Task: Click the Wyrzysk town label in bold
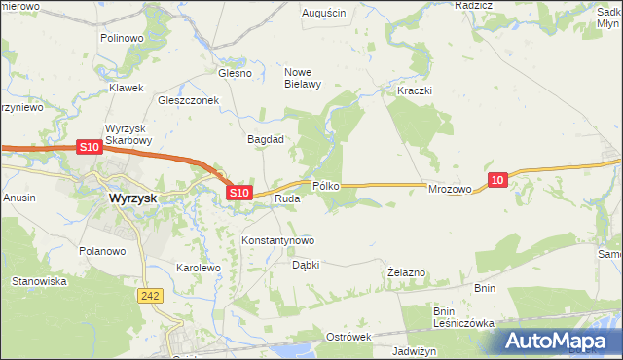coord(127,198)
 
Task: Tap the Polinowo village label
coord(122,38)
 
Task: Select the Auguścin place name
coord(324,14)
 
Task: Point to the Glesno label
coord(235,73)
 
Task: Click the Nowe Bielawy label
coord(302,78)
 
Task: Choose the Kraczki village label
coord(415,90)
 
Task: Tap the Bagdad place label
coord(265,139)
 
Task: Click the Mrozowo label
coord(450,190)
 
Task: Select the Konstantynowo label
coord(277,240)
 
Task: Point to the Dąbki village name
coord(306,265)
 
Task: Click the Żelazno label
coord(406,272)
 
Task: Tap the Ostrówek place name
coord(349,337)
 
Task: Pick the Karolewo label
coord(199,267)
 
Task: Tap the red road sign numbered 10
coord(498,180)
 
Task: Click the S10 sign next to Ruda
coord(240,194)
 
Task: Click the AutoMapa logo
coord(560,341)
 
